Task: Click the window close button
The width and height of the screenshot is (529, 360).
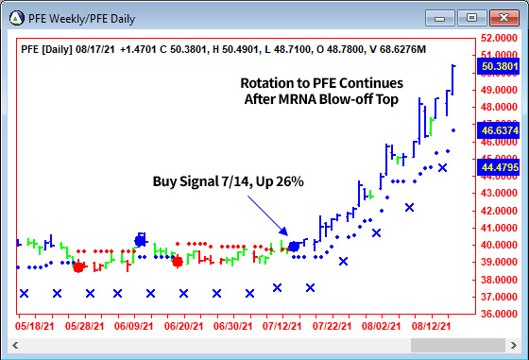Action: pyautogui.click(x=506, y=16)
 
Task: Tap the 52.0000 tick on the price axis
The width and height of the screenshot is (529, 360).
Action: pyautogui.click(x=499, y=38)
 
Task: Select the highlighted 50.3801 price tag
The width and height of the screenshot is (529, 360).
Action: pyautogui.click(x=499, y=67)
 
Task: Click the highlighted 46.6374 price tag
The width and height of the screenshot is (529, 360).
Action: pyautogui.click(x=499, y=131)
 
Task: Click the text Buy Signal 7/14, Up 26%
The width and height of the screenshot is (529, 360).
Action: pyautogui.click(x=229, y=180)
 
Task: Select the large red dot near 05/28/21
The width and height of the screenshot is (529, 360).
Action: pyautogui.click(x=78, y=267)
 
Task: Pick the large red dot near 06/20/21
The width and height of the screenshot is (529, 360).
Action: pyautogui.click(x=178, y=261)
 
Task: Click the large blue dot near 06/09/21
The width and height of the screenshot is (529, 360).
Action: pyautogui.click(x=141, y=240)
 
